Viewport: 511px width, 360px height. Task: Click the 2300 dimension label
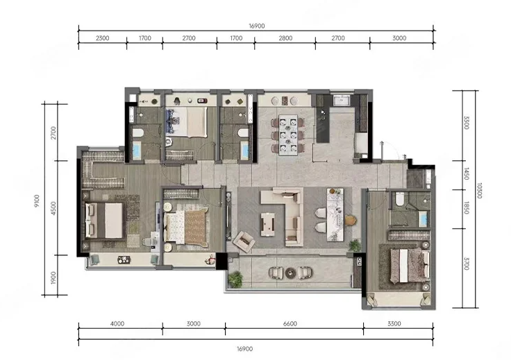coord(102,38)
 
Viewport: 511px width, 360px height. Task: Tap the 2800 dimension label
coord(285,38)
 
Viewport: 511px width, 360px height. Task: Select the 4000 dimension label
coord(117,323)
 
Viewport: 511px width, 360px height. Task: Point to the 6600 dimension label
coord(290,323)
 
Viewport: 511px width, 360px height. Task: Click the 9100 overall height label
coord(37,201)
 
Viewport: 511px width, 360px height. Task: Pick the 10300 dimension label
coord(479,191)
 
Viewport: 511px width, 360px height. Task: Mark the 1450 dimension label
coord(466,173)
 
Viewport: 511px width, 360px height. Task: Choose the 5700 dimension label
coord(466,264)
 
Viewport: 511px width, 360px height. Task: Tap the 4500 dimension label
coord(53,208)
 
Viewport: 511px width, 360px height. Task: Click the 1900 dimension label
coord(53,277)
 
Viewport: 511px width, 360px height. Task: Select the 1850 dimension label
coord(466,208)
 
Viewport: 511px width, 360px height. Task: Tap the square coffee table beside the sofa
coord(267,224)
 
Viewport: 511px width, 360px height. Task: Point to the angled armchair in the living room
coord(244,241)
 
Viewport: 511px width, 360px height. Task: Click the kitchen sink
coord(341,101)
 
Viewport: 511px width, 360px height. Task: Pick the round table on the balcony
coord(291,273)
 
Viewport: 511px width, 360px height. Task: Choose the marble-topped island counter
coord(335,214)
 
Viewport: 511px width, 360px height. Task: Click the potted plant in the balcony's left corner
coord(235,280)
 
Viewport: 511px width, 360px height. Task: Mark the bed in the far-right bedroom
coord(410,265)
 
